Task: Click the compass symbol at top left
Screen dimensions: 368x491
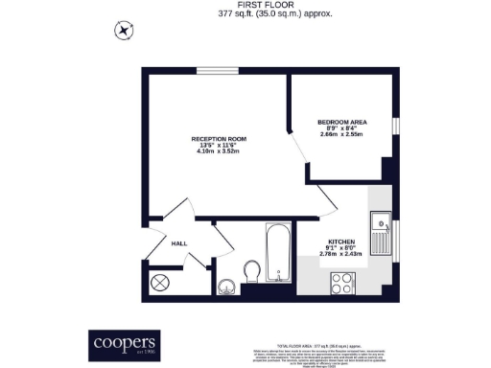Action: pos(123,30)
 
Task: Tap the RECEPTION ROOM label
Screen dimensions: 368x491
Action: pos(219,139)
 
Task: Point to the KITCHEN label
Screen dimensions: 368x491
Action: pos(341,241)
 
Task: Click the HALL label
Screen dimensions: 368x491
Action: pos(178,243)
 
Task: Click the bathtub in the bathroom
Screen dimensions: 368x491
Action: pos(277,253)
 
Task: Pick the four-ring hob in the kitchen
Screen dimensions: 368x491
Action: pos(340,282)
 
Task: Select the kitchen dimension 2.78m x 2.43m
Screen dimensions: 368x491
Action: pos(341,254)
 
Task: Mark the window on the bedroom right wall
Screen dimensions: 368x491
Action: pos(394,127)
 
